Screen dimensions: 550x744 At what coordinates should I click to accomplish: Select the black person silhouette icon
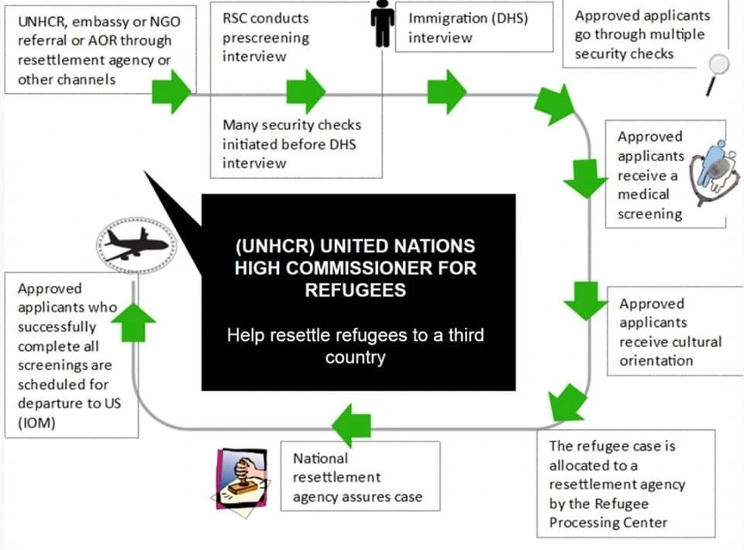pos(382,25)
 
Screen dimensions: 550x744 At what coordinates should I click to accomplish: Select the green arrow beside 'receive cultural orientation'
pos(585,298)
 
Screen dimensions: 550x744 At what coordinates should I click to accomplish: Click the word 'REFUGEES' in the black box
pos(355,289)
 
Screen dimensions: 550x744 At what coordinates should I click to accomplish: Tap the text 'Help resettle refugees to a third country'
pos(355,347)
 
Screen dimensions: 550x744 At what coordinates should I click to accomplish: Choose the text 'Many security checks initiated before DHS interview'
pos(291,143)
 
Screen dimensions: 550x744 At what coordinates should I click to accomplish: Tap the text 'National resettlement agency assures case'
pos(357,477)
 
